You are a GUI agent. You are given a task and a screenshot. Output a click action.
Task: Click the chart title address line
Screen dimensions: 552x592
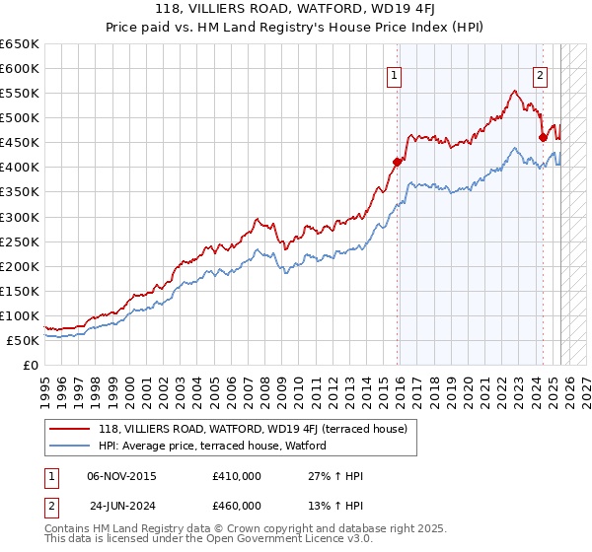295,9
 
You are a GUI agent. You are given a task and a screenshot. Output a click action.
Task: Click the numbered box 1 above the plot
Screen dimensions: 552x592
394,75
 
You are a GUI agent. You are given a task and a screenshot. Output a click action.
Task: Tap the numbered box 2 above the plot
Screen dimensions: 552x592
541,75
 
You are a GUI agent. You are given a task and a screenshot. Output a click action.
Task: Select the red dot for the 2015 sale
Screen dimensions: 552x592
398,162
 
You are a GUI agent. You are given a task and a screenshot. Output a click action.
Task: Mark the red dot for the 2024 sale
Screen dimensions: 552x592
543,137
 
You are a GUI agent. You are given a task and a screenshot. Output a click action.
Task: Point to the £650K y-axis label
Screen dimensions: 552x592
20,44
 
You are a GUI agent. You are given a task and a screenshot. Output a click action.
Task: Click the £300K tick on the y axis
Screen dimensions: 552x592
20,217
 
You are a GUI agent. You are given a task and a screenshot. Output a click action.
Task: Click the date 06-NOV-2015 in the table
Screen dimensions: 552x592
121,476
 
